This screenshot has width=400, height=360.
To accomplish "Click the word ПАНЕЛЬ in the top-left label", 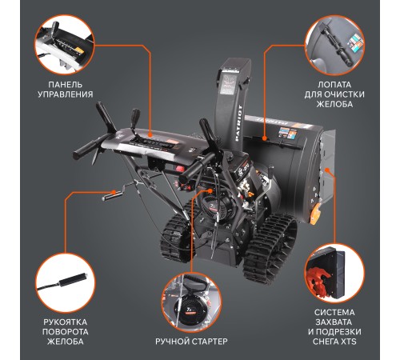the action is (66, 85).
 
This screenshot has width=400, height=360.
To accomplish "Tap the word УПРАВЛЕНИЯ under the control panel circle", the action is (66, 94).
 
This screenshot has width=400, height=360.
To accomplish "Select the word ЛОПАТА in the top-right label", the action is (334, 85).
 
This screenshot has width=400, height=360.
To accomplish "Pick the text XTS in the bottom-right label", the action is (348, 342).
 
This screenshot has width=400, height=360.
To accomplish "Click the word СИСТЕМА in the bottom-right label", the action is (334, 313).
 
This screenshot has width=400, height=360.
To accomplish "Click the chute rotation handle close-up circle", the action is (66, 282).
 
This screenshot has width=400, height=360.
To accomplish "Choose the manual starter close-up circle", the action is (191, 302).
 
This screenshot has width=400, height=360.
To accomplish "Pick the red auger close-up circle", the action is (334, 274).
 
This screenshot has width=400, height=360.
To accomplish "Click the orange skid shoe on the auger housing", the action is (315, 213).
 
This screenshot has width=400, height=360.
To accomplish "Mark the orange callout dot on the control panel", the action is (150, 135).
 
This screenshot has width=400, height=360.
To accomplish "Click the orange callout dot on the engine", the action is (210, 191).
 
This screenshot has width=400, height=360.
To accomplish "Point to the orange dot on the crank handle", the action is (114, 192).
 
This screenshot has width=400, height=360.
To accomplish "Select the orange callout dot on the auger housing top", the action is (265, 138).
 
